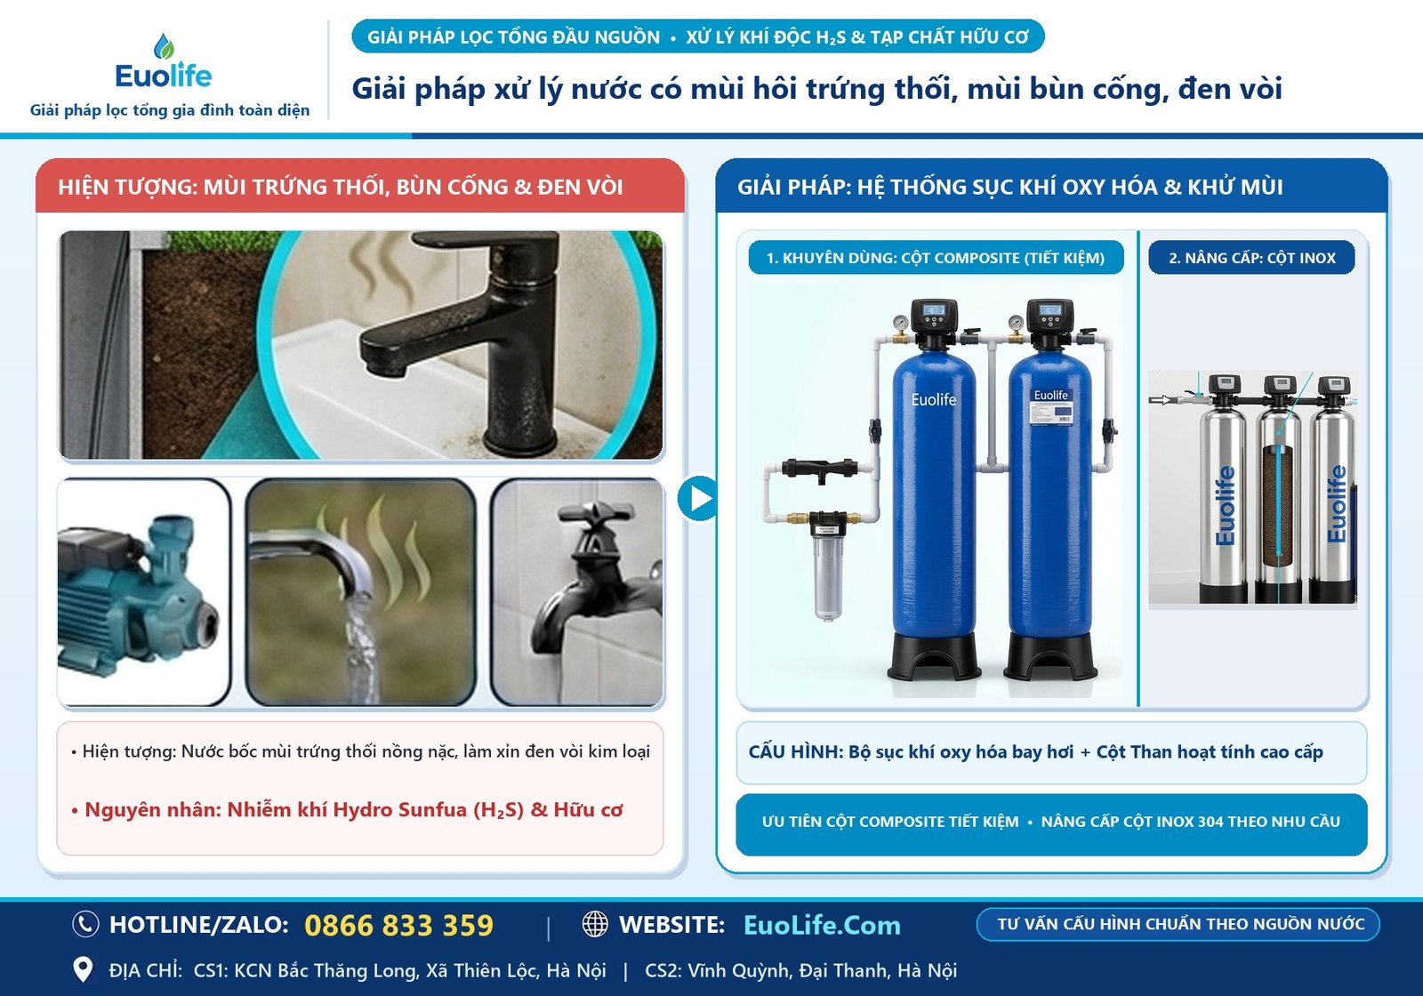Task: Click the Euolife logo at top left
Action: pyautogui.click(x=164, y=62)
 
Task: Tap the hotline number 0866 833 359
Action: pyautogui.click(x=399, y=925)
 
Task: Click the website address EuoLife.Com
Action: pyautogui.click(x=822, y=926)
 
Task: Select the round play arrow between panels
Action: pyautogui.click(x=697, y=498)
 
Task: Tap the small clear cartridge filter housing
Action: pyautogui.click(x=827, y=566)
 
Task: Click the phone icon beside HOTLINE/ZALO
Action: pyautogui.click(x=85, y=924)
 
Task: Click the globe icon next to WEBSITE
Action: pyautogui.click(x=595, y=924)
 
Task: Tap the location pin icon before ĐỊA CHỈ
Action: pyautogui.click(x=83, y=970)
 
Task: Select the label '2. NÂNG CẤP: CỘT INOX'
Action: pyautogui.click(x=1251, y=258)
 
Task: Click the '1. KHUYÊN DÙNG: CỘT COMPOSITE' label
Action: pyautogui.click(x=936, y=258)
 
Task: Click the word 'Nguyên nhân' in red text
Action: pyautogui.click(x=152, y=810)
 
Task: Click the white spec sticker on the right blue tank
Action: pyautogui.click(x=1050, y=407)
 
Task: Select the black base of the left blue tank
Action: pyautogui.click(x=934, y=655)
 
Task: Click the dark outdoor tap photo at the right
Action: pyautogui.click(x=577, y=592)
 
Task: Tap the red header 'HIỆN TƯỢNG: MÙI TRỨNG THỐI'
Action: pyautogui.click(x=341, y=188)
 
